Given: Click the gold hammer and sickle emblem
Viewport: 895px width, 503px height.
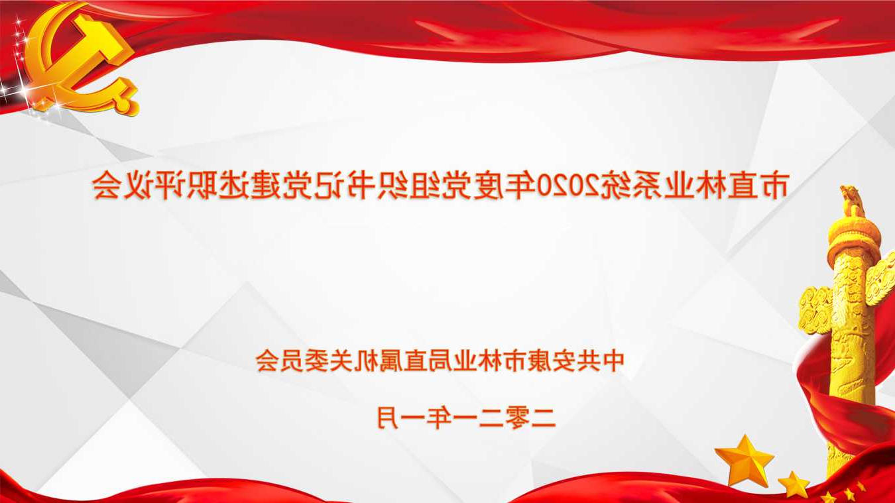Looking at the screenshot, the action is [x=82, y=60].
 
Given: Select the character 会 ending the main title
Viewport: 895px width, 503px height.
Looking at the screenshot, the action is [x=107, y=186].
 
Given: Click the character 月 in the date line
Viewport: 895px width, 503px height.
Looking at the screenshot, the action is [x=388, y=418].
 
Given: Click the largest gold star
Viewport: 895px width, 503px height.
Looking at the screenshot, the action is [x=745, y=460].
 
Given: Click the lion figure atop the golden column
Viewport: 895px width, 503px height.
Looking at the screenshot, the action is [x=852, y=201].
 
